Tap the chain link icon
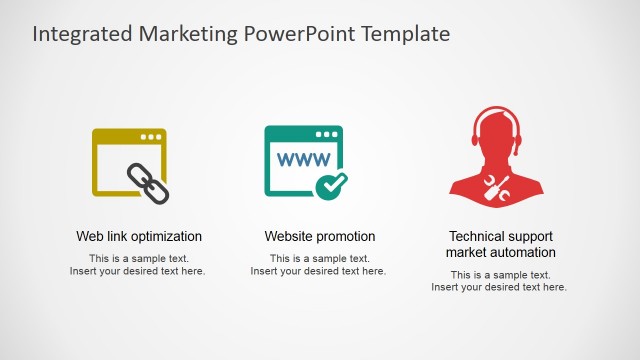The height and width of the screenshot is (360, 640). point(148,181)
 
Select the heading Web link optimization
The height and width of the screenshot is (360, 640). point(139,237)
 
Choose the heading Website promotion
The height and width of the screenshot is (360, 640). point(320,237)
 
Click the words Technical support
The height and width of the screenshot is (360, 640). point(500,237)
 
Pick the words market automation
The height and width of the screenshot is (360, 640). point(500,253)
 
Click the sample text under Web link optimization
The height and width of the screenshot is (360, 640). point(138,265)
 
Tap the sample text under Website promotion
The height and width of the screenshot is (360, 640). point(318,265)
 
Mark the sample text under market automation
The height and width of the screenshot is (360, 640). point(499,281)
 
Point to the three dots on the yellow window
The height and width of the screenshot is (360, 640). point(151,136)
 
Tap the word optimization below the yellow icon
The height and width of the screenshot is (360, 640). point(166,237)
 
